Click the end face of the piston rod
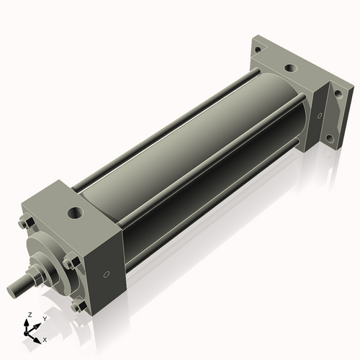(12, 290)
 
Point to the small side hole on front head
(107, 274)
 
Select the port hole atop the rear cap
(289, 69)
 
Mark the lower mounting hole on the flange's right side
(329, 138)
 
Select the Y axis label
(44, 318)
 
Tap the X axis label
(45, 338)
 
